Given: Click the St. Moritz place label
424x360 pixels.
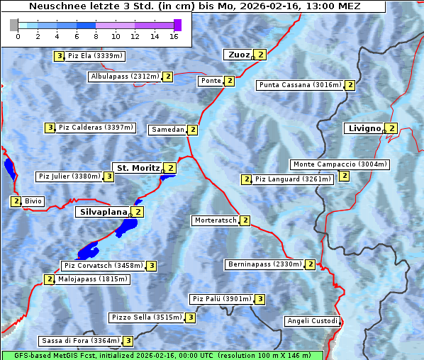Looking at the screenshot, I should point(138,168).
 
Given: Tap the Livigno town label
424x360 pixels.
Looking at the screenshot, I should point(364,128).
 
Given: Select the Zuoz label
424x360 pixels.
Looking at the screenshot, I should point(238,55).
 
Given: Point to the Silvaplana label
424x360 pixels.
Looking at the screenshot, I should point(103,211).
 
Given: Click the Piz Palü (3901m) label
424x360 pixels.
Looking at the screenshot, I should point(221,299).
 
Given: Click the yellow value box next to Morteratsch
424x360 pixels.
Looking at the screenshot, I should point(245,220).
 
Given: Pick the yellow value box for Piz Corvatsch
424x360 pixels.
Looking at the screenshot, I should point(151,266).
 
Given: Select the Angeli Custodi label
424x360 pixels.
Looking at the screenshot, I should point(312,321).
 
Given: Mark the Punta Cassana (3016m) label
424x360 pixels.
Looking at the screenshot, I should point(300,85).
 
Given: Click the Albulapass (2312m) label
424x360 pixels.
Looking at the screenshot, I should point(125,77).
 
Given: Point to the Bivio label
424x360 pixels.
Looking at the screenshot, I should point(33,201).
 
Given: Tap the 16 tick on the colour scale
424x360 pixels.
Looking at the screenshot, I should point(174,36).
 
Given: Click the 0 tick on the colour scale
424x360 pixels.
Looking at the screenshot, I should point(17,36).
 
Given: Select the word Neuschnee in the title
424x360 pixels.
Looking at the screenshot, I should point(55,6).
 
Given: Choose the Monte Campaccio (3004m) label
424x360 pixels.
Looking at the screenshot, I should point(339,164).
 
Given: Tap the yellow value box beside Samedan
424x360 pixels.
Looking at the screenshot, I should point(192,130).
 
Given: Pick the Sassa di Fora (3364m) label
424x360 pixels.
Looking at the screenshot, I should point(80,341).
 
